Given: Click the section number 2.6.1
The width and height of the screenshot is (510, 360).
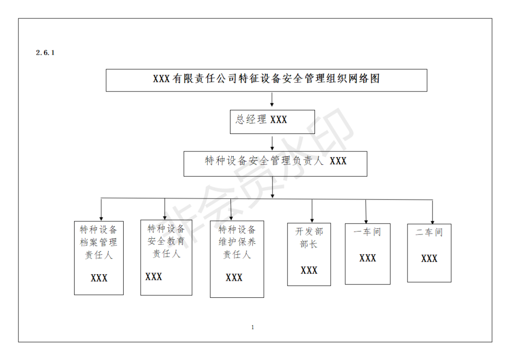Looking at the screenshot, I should pos(45,53).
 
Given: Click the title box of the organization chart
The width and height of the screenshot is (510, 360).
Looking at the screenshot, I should pos(266,80).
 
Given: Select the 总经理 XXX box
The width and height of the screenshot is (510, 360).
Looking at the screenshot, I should pos(272,122).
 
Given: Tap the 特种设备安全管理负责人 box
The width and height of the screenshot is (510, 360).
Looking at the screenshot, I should pos(275,163).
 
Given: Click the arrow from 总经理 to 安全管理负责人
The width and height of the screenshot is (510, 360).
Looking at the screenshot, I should pos(272,143).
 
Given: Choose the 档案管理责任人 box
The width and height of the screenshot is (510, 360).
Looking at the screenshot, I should pos(99,258).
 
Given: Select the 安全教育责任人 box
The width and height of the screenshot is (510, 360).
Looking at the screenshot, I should pos(166,257).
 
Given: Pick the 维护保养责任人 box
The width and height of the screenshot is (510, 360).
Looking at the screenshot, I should pos(237,259).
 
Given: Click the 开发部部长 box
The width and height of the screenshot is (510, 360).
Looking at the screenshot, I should pos(309,254).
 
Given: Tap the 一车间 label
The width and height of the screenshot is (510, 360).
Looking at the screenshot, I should pos(367,232).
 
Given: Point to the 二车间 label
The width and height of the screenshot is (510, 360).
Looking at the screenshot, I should pos(429,233).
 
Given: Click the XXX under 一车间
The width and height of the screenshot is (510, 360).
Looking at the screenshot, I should pos(367,258).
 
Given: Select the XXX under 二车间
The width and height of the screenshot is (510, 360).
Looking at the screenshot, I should pos(429,259).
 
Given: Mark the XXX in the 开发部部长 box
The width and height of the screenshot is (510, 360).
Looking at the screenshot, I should pos(309,270).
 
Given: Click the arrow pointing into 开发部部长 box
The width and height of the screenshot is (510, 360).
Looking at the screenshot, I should pos(312,210).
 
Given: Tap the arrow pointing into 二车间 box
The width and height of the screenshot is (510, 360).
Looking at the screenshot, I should pos(432,211).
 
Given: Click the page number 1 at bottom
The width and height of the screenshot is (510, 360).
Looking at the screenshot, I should pos(253,327).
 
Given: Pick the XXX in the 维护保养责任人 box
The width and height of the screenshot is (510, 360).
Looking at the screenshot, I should pos(234,277).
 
